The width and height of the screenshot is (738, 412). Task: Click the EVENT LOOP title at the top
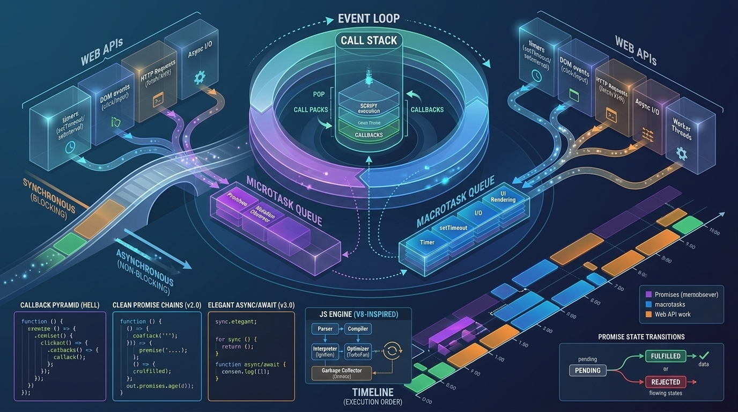(x=368, y=18)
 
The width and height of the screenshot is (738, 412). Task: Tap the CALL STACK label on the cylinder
(x=368, y=40)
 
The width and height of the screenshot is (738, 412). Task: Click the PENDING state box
(x=587, y=370)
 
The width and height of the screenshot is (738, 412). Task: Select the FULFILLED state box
(x=666, y=356)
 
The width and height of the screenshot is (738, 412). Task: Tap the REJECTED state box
(x=666, y=382)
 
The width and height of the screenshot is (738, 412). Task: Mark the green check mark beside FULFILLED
(x=704, y=355)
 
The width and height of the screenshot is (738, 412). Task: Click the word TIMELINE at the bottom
(x=372, y=392)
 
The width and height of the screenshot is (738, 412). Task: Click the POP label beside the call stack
(x=319, y=94)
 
